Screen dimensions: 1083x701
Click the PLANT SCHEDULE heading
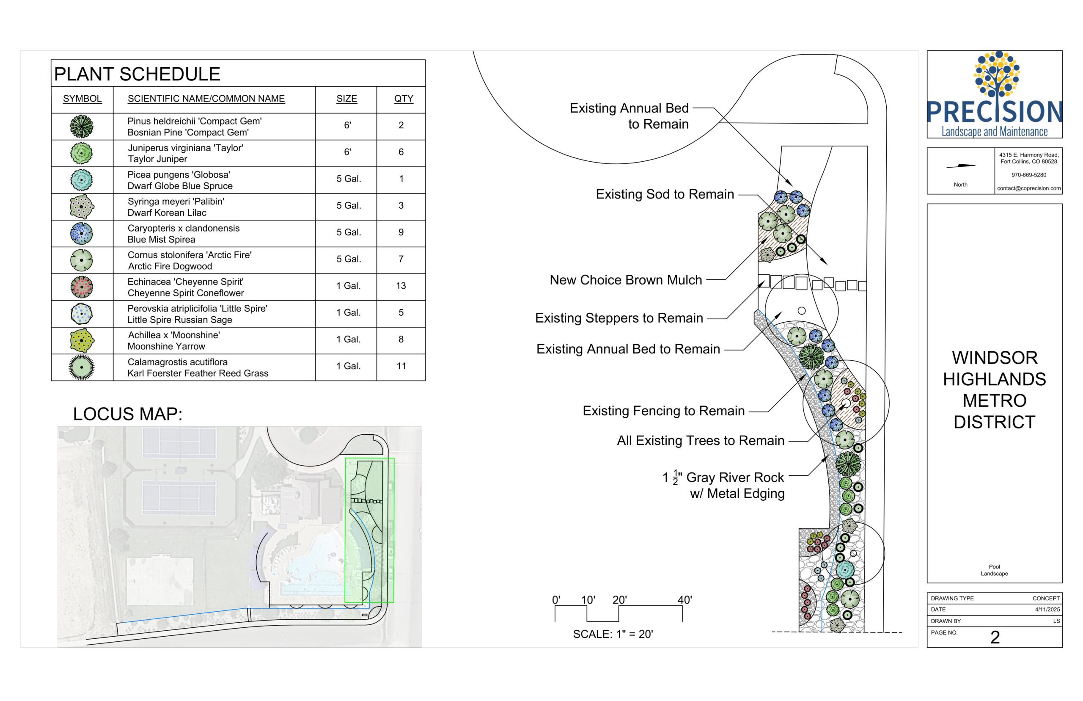click(x=137, y=74)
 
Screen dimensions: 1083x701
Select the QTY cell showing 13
click(x=401, y=286)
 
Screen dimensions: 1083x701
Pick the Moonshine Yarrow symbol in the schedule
click(x=82, y=340)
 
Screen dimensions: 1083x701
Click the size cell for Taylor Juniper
click(x=347, y=152)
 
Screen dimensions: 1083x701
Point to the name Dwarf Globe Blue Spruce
click(x=180, y=186)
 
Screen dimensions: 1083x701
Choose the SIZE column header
click(x=346, y=99)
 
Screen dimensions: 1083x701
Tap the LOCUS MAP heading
click(x=127, y=414)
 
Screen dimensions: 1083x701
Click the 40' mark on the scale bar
click(x=684, y=600)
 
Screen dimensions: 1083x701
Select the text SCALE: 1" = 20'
click(x=613, y=634)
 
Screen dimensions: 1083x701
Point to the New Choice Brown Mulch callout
click(x=625, y=280)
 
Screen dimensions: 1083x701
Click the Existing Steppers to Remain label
click(x=618, y=318)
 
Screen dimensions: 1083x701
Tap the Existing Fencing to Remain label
click(x=664, y=411)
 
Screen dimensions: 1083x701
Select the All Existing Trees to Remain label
click(x=701, y=441)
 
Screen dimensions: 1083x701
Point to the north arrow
click(x=961, y=166)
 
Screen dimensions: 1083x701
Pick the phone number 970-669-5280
click(x=1028, y=175)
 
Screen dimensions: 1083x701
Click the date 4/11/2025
click(x=1047, y=610)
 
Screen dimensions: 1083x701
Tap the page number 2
click(x=995, y=637)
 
